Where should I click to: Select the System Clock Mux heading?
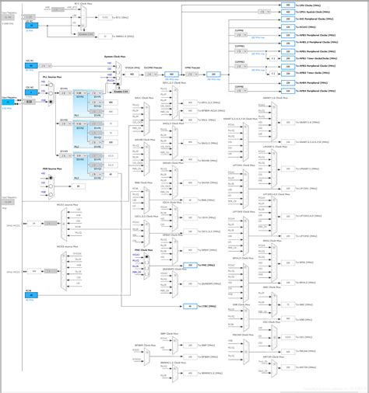coord(116,57)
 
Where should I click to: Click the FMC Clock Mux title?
coord(141,250)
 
